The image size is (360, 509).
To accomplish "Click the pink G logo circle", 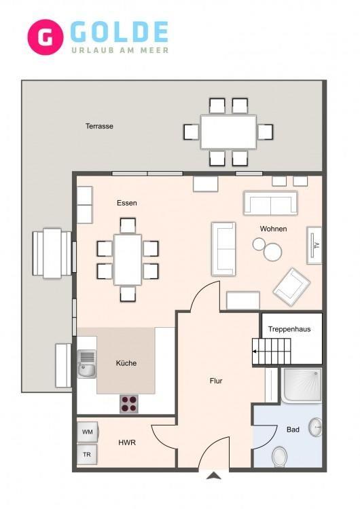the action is pos(45,37).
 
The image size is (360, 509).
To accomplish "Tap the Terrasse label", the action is pos(99,126).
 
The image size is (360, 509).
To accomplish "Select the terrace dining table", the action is pos(228,132).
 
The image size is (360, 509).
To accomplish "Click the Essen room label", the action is pos(127,203).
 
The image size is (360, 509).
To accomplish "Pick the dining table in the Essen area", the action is pos(128,260).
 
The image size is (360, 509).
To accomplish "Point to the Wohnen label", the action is pos(273,229).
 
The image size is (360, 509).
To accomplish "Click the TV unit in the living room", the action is pos(314,245).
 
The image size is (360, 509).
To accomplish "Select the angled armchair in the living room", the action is pos(291,286).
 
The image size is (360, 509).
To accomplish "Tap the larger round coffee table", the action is pos(272,252).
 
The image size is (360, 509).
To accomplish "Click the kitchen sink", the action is pos(87,364).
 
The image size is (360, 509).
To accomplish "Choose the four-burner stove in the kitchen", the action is pos(129,404).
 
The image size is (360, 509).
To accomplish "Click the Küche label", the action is pos(126,363).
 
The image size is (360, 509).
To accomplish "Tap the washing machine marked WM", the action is pos(88,432).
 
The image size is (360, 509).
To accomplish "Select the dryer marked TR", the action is pos(87,455).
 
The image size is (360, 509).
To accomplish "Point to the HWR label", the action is pos(127,442).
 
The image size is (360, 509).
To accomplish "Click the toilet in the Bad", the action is pos(279,457).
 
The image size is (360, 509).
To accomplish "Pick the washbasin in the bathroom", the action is pos(315,427).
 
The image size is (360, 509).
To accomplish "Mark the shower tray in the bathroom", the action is pos(301,385).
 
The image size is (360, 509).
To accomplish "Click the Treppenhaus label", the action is pos(289,329).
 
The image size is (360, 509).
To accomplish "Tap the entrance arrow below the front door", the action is pos(214,476).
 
